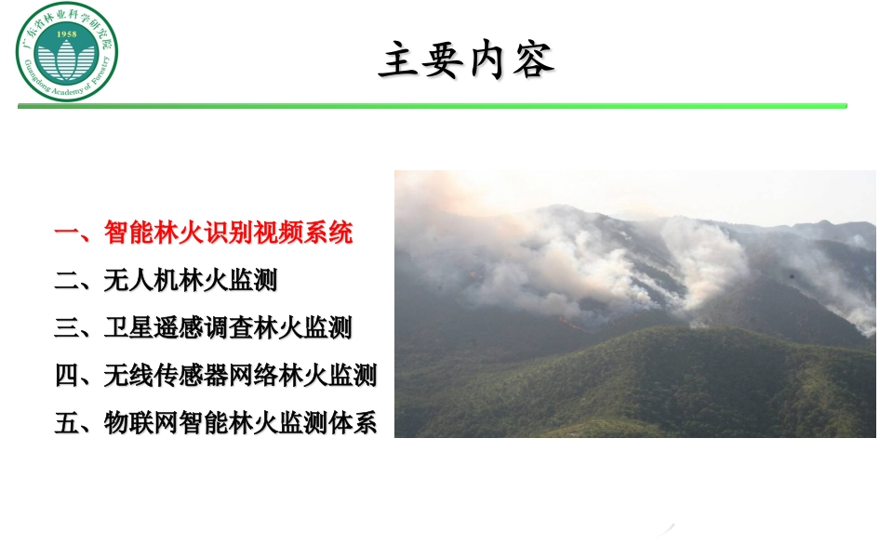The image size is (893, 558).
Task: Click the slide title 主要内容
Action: point(466,60)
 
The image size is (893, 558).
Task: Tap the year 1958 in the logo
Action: point(67,34)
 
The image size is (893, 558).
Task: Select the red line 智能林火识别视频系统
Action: point(229,232)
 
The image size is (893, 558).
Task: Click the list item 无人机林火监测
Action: point(190,280)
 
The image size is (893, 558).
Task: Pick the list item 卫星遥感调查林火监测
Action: point(228,328)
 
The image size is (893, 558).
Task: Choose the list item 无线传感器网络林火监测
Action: point(240,376)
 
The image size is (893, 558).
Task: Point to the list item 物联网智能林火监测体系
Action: point(240,423)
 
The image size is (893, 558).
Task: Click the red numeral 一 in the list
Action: point(67,232)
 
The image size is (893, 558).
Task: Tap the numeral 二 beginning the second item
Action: point(67,281)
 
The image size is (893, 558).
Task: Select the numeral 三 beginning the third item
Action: point(67,328)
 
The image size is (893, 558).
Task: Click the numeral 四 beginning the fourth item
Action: point(67,376)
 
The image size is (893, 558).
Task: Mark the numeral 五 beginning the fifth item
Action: point(67,423)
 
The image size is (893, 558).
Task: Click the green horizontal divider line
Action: point(433,106)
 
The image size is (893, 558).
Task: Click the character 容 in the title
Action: point(534,60)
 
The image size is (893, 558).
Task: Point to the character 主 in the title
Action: point(399,60)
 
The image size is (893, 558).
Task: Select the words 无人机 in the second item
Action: point(140,280)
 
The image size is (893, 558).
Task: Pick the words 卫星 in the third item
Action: point(128,328)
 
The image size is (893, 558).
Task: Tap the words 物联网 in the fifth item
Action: point(140,423)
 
